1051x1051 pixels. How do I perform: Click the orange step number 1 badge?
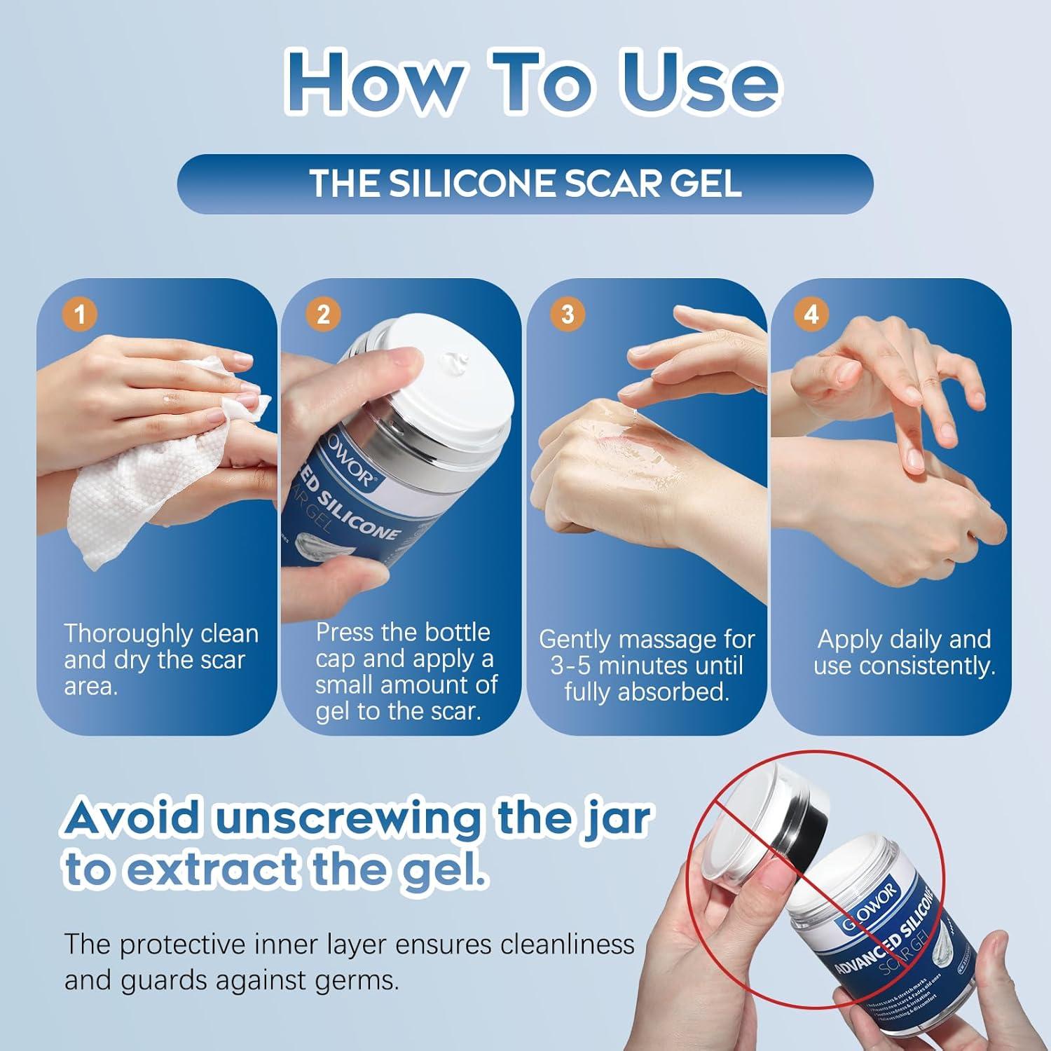tap(80, 313)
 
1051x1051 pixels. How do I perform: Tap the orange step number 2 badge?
tap(323, 313)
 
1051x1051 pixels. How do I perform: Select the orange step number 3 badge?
tap(568, 313)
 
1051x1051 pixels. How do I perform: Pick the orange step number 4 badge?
tap(811, 313)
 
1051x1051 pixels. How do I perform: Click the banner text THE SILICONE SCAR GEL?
tap(525, 183)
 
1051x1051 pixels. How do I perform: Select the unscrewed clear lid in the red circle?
tap(757, 820)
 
